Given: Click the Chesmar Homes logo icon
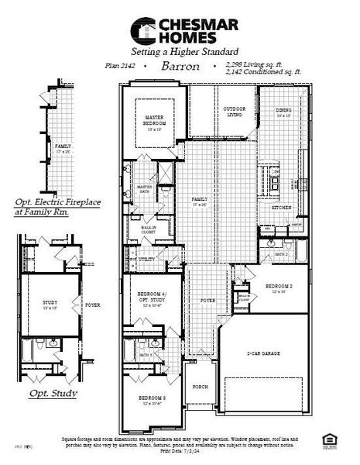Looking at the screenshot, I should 142,30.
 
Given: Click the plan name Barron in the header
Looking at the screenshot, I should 180,67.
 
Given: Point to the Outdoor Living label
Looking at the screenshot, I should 235,112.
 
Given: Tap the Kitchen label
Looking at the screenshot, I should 280,208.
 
